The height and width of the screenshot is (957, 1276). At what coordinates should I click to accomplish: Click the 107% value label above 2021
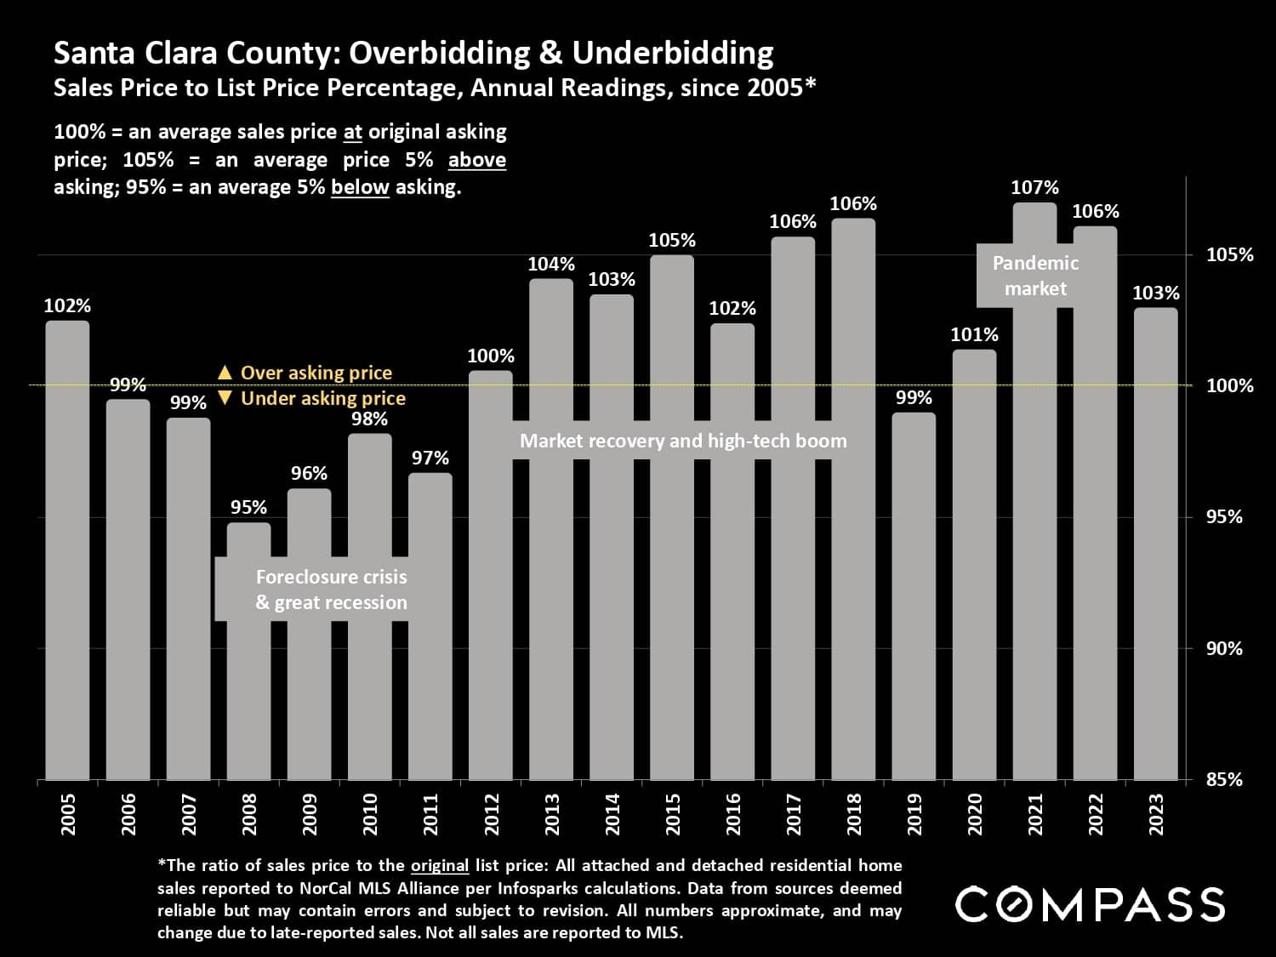point(1034,187)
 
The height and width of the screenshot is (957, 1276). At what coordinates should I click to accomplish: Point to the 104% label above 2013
point(551,265)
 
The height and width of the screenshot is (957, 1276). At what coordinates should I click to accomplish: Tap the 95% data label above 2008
point(248,508)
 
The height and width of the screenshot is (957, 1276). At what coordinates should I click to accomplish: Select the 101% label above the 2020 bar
point(974,335)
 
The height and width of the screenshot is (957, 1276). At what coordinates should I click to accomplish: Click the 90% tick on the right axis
point(1224,649)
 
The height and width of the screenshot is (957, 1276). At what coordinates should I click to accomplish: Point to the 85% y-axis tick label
point(1224,779)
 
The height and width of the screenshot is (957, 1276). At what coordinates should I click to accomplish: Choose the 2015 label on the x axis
point(673,814)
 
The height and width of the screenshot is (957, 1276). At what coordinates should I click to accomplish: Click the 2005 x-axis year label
point(68,814)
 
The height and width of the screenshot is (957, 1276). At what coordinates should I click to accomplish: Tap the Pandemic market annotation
point(1035,276)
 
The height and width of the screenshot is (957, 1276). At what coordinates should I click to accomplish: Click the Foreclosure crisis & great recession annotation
point(331,590)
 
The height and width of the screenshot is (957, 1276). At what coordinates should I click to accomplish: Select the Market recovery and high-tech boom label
point(683,441)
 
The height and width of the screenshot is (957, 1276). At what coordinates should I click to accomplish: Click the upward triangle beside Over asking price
point(225,373)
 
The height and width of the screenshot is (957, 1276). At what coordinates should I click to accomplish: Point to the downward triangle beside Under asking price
point(225,398)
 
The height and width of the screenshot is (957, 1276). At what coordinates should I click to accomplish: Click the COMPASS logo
point(1090,904)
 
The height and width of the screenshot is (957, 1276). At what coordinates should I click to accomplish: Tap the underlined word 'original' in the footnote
point(440,866)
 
